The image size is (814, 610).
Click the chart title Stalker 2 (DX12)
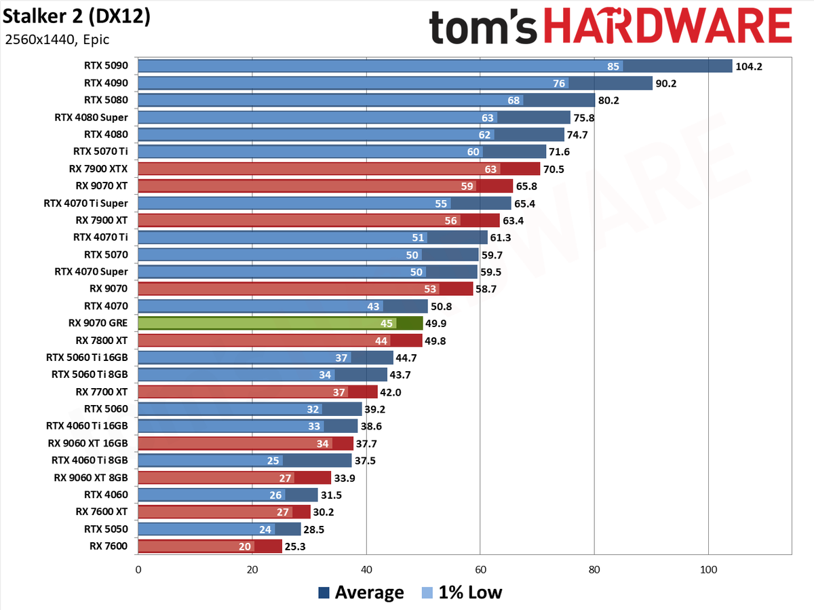(77, 17)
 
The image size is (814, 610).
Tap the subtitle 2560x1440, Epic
(57, 39)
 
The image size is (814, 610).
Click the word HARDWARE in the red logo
(668, 26)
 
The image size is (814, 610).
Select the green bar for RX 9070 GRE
(280, 323)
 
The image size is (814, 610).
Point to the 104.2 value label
(749, 66)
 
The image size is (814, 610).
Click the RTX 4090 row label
(106, 83)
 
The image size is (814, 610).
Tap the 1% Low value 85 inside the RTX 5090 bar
(613, 66)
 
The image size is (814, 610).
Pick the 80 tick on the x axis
(594, 569)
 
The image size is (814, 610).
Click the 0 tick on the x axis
(138, 569)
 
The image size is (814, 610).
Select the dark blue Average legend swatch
(324, 592)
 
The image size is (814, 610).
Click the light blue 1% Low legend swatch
(427, 592)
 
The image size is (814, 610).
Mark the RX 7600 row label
(109, 546)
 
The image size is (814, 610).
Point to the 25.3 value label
(295, 547)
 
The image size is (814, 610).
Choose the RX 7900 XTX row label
(98, 169)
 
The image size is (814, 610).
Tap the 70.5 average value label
(554, 170)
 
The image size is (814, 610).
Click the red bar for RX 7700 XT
(258, 392)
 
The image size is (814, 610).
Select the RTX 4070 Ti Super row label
(85, 203)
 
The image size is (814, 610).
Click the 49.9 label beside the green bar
(435, 324)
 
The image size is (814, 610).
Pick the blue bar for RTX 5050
(220, 529)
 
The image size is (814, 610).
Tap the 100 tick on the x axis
(708, 569)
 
